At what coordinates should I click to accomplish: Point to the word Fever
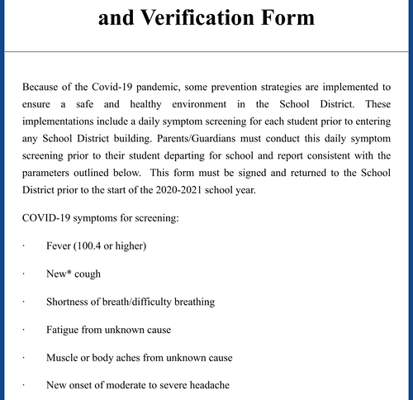point(61,247)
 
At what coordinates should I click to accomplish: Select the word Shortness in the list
point(70,302)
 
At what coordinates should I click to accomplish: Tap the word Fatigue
point(65,330)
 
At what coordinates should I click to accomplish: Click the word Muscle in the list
point(64,358)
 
